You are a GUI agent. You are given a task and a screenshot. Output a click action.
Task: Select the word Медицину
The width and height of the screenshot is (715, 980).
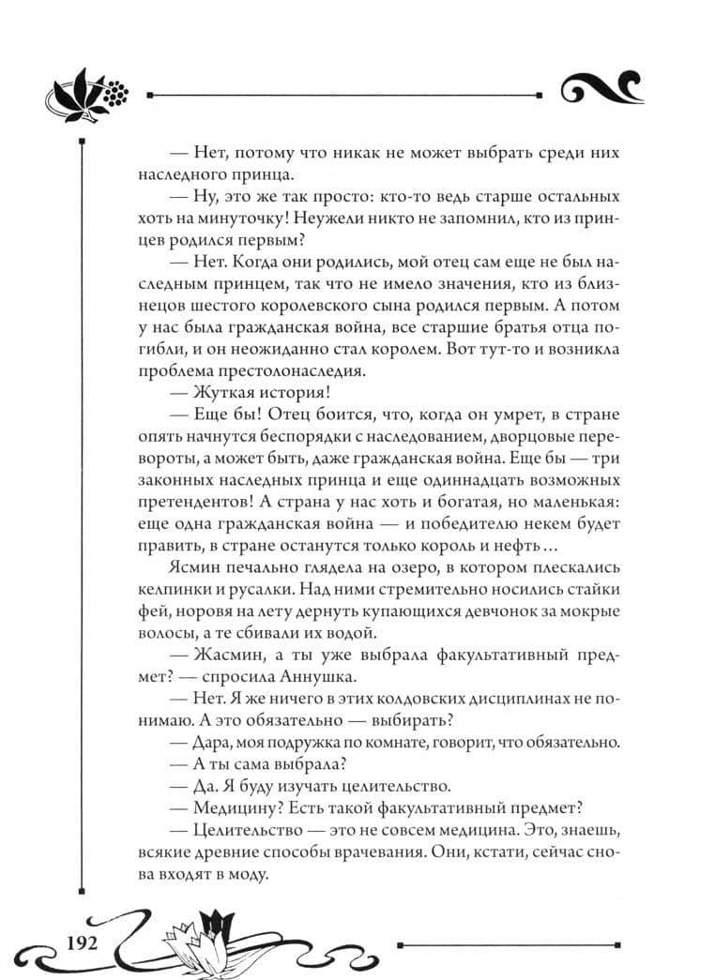[x=239, y=808]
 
